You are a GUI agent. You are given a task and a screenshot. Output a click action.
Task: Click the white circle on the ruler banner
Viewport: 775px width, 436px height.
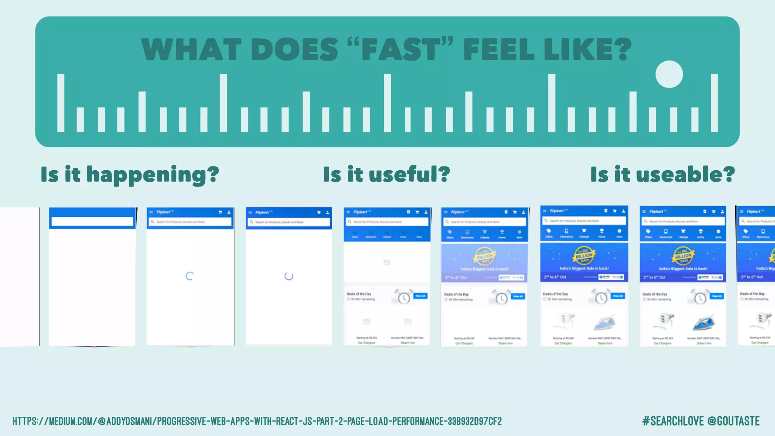[669, 74]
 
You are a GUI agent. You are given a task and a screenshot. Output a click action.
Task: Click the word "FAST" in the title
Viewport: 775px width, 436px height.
[400, 50]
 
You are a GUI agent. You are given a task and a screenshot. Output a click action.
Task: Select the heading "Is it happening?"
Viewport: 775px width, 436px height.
[130, 174]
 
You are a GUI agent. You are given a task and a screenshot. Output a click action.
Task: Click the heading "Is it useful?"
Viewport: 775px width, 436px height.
[386, 174]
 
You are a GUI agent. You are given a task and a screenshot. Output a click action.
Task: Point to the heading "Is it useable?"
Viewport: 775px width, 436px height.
[662, 174]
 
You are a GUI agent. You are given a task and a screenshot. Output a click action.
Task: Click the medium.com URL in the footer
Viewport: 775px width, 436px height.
[257, 421]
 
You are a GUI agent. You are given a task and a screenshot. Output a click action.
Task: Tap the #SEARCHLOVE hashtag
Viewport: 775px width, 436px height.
[673, 421]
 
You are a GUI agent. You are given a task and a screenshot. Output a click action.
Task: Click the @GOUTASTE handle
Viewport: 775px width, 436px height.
[733, 421]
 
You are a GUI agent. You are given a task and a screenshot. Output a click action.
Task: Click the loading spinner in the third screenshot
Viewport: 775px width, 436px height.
[190, 276]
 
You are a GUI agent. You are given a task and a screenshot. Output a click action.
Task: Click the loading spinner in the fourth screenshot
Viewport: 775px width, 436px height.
[289, 276]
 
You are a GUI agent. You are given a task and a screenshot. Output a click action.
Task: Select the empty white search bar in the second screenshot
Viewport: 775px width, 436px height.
[92, 221]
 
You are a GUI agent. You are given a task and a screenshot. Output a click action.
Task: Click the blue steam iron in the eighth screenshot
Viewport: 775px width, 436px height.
[704, 322]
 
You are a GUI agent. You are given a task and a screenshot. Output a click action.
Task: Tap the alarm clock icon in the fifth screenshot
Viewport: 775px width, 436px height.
[403, 297]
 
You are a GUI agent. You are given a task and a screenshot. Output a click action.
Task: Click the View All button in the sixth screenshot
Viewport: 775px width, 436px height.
[518, 296]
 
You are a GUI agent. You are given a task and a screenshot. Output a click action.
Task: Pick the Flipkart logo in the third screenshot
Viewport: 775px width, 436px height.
[164, 212]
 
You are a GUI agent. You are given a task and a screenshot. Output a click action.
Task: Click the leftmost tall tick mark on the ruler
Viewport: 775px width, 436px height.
[61, 103]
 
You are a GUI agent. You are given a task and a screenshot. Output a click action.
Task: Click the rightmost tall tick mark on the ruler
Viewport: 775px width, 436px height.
[714, 103]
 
